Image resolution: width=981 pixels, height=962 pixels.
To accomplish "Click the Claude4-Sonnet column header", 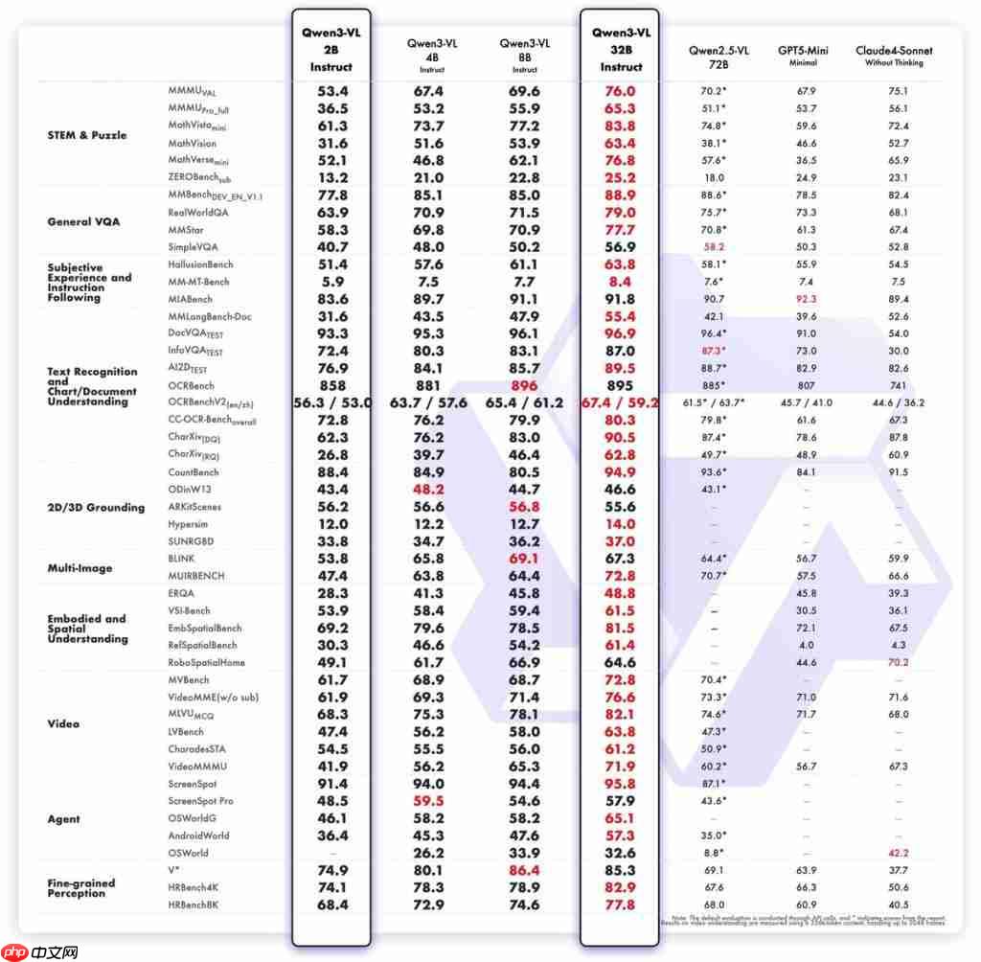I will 893,56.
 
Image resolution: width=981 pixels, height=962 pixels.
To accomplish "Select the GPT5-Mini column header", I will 803,56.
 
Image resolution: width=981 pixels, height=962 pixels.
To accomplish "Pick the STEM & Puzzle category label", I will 86,135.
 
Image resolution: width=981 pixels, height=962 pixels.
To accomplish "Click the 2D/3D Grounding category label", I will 96,507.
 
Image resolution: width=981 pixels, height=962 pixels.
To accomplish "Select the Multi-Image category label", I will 80,568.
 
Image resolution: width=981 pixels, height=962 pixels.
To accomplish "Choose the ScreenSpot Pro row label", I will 200,800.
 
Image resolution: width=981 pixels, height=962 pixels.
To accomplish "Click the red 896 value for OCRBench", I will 524,386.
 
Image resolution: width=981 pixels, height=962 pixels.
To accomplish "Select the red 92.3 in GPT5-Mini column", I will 803,299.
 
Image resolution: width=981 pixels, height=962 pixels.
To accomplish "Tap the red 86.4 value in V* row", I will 524,870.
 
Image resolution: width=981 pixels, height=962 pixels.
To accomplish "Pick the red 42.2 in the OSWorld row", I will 897,853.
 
